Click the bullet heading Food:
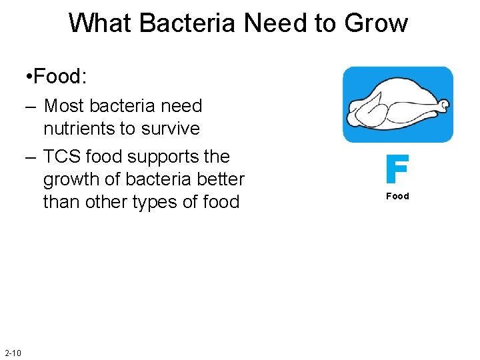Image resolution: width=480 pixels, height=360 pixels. coord(59,77)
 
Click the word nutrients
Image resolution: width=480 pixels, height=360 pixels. coord(84,128)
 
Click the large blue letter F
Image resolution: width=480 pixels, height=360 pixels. coord(397,170)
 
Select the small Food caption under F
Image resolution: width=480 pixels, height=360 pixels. coord(397,196)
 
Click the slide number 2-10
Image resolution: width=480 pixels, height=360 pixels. coord(13,353)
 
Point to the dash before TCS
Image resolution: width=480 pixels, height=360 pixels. coord(29,157)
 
